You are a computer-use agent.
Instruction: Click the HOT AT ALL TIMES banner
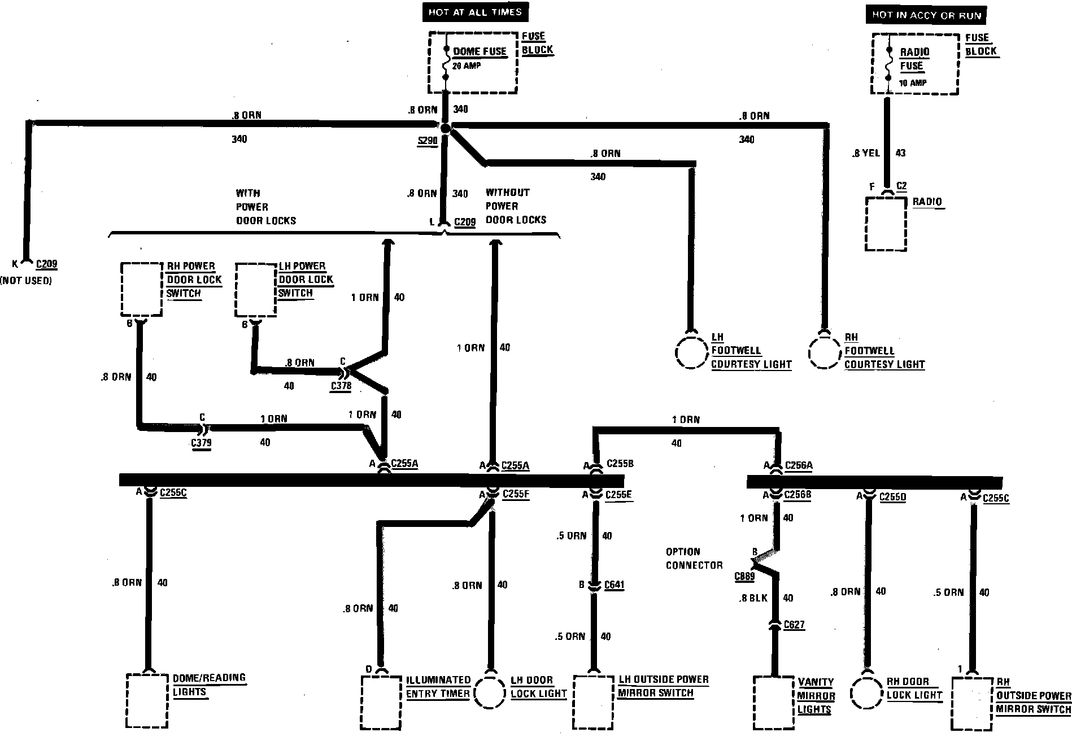(475, 12)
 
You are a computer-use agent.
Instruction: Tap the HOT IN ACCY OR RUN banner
(926, 15)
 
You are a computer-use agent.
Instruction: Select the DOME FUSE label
(480, 51)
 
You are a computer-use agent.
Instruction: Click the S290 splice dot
(446, 129)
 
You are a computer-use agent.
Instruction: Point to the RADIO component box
(886, 224)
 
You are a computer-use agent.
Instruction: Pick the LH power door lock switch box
(255, 289)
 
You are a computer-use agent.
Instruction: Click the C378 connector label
(341, 386)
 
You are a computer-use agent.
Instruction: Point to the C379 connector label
(201, 443)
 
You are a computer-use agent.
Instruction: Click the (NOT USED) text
(26, 281)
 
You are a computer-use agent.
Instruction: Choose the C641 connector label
(614, 585)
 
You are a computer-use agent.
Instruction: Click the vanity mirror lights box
(774, 702)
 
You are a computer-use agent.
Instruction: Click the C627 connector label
(794, 625)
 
